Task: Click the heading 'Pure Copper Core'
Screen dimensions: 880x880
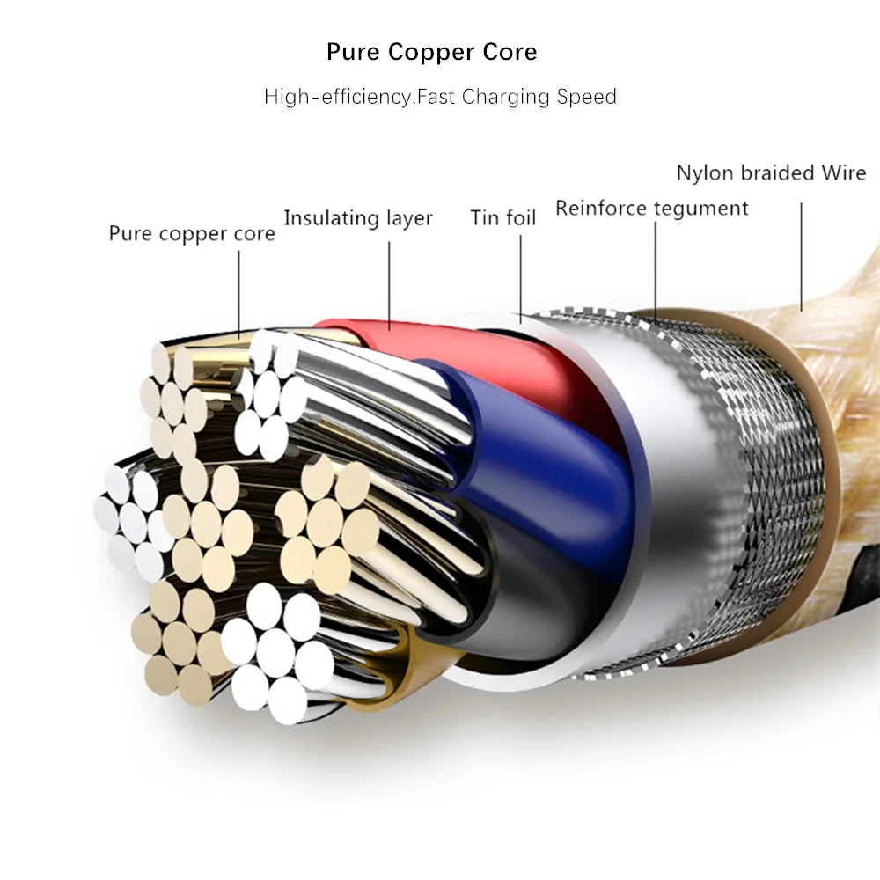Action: (431, 52)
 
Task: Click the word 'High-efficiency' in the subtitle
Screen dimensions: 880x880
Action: (338, 97)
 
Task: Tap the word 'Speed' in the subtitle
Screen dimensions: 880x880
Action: (587, 97)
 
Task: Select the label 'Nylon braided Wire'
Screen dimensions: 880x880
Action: (771, 172)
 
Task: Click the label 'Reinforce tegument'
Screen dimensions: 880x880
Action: (651, 209)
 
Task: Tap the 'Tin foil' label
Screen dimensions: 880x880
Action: (502, 217)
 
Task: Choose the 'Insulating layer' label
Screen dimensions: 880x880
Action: (358, 218)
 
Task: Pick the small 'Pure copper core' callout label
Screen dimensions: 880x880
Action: (192, 234)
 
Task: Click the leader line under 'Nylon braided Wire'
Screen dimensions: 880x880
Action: (802, 255)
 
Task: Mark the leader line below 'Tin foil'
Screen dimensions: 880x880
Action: (520, 273)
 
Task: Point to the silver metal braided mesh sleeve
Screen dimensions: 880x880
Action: (774, 493)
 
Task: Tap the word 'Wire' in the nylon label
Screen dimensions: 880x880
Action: (844, 172)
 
